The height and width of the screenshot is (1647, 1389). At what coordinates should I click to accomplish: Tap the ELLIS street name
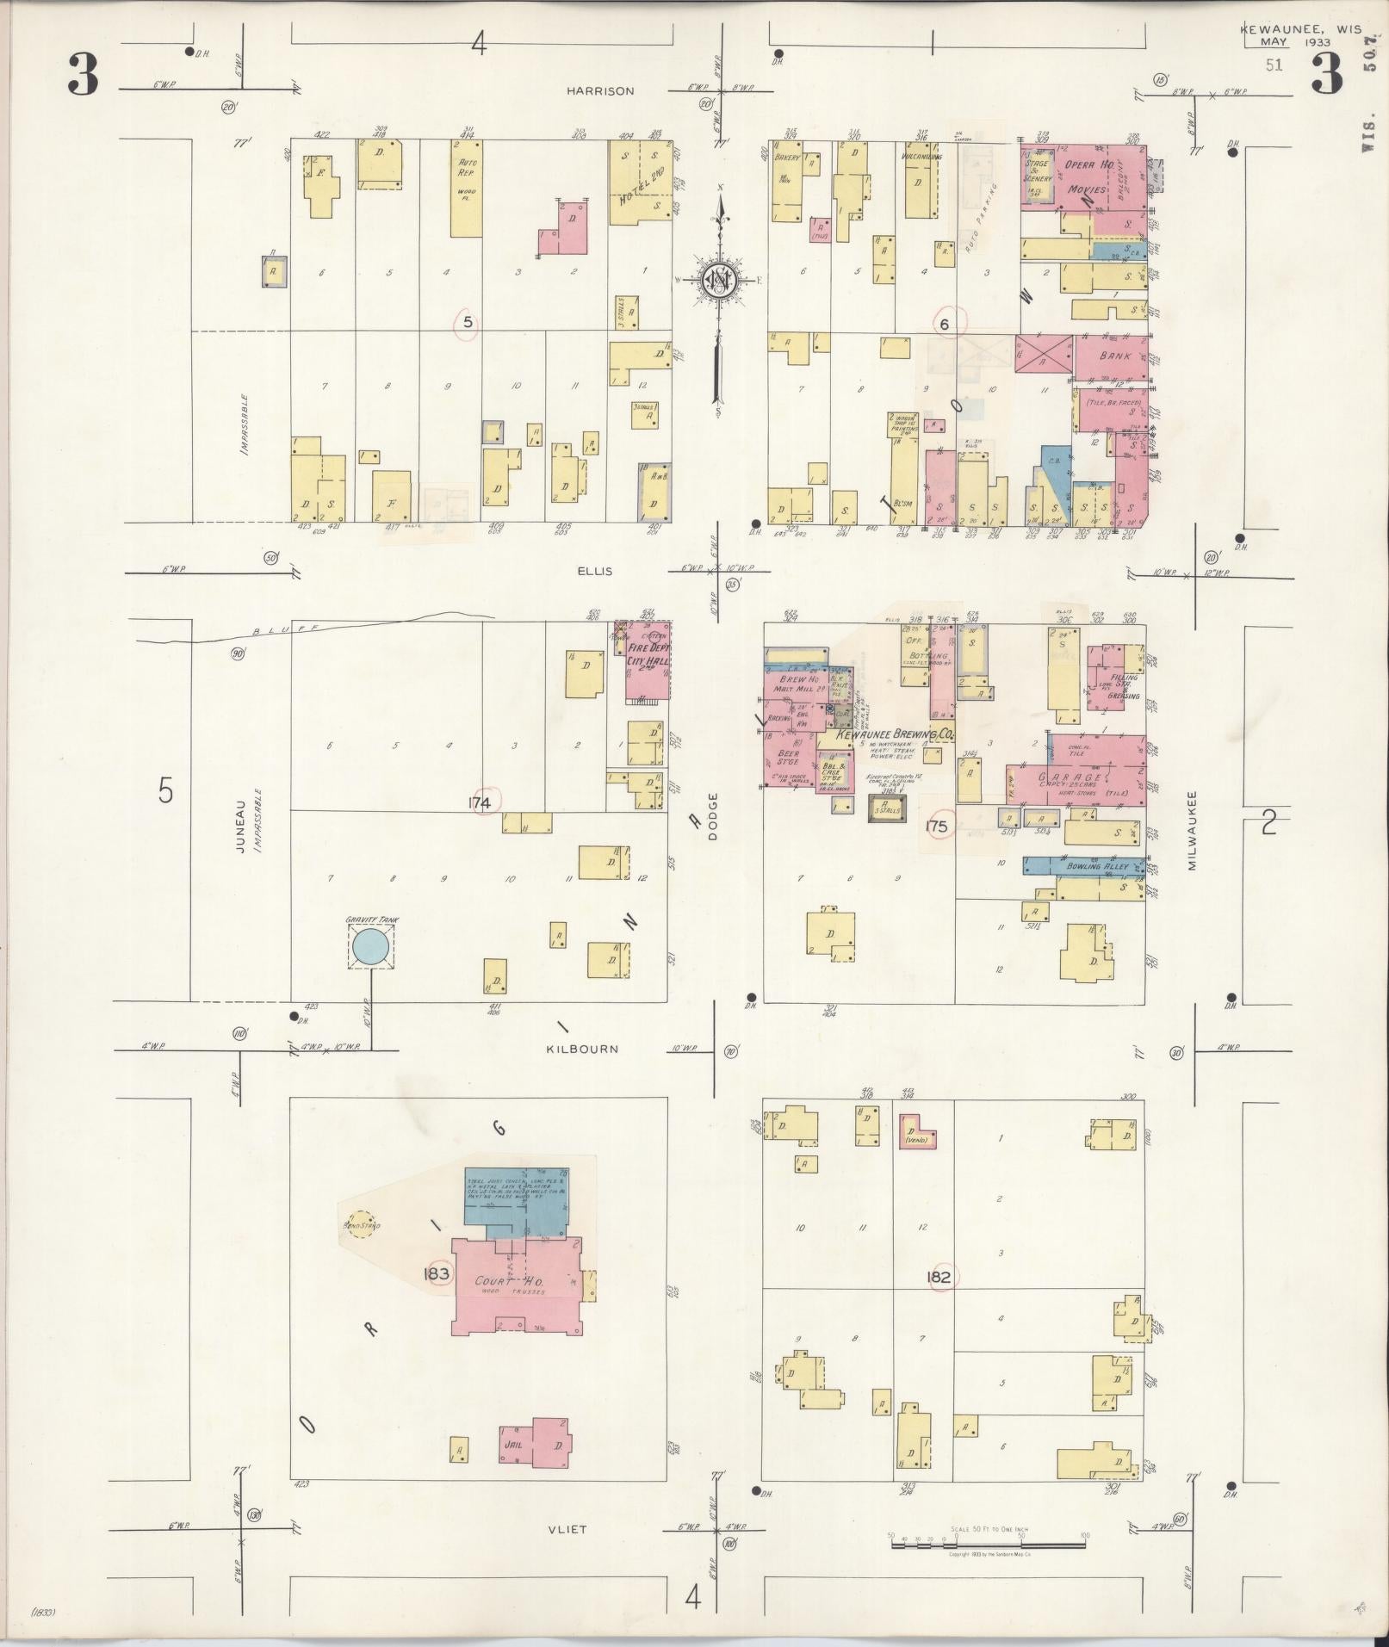tap(595, 571)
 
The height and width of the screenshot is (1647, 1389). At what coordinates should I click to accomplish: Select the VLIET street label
tap(566, 1528)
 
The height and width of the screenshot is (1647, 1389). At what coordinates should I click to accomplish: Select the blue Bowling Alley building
tap(1085, 866)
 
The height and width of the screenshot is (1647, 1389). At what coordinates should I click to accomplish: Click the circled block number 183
tap(437, 1274)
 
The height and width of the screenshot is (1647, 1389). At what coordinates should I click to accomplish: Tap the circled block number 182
tap(939, 1276)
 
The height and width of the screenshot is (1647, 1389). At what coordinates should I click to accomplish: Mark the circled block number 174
tap(480, 802)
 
